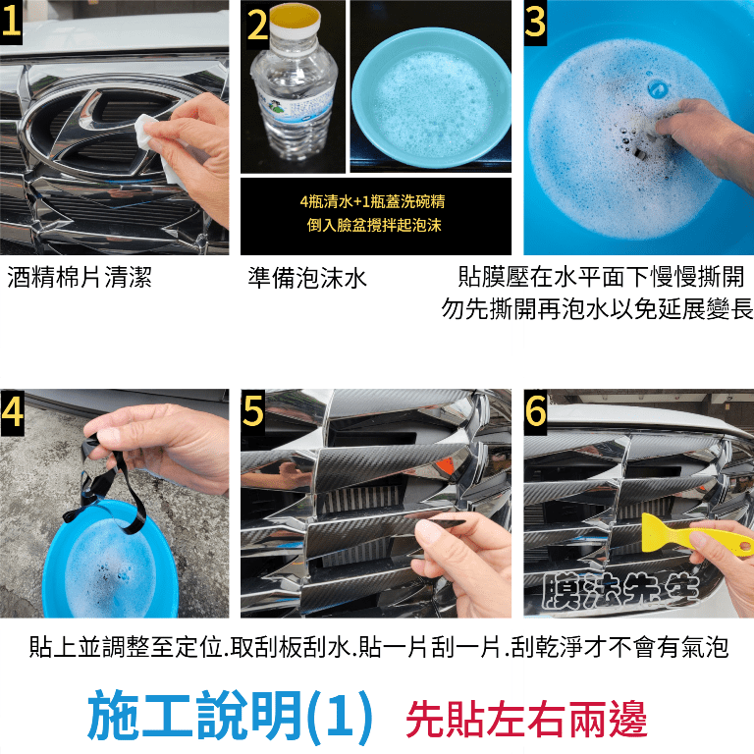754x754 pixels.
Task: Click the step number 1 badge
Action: click(x=11, y=23)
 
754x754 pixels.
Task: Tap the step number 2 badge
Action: click(x=257, y=25)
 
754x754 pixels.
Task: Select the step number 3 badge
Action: click(x=535, y=23)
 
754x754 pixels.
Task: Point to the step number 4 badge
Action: click(x=12, y=412)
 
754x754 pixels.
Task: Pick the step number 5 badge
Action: click(x=253, y=411)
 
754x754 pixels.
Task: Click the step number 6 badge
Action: click(x=535, y=411)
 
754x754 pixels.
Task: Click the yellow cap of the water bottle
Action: click(x=296, y=18)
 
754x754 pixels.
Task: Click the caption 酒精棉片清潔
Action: click(x=80, y=278)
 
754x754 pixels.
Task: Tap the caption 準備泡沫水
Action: click(x=307, y=278)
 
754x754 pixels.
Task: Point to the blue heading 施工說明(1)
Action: click(x=230, y=715)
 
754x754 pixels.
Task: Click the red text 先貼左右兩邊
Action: click(x=526, y=720)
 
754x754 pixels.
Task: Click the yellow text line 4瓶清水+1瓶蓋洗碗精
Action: click(x=373, y=201)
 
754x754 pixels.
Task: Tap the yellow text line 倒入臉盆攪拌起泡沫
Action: click(x=374, y=225)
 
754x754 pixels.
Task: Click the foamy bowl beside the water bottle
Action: click(x=431, y=98)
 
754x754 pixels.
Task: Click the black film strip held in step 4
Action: click(x=111, y=486)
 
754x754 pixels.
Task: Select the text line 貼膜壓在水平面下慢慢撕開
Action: click(x=601, y=277)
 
